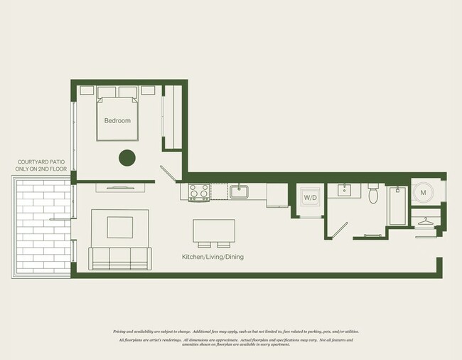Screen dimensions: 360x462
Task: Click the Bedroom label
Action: [117, 121]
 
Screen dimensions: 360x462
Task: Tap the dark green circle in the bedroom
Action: [127, 159]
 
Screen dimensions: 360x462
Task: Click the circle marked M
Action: [424, 192]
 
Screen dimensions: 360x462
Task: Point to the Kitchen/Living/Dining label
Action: [212, 257]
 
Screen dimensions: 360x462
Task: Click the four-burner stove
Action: [199, 192]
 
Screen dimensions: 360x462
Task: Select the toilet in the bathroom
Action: [373, 194]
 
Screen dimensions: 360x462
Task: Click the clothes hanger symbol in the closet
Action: [426, 222]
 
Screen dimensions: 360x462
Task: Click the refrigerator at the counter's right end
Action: [276, 195]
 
